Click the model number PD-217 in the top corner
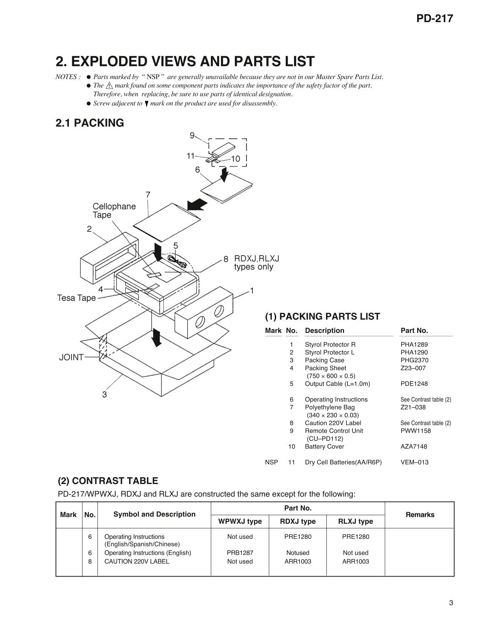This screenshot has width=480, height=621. point(434,18)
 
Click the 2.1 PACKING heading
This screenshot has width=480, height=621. point(90,123)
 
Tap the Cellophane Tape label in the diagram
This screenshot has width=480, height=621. point(114,211)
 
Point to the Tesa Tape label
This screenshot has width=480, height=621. point(76,298)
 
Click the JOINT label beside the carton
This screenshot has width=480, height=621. point(71,357)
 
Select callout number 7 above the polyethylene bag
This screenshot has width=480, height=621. point(148,195)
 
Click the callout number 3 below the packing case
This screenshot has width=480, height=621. point(104,394)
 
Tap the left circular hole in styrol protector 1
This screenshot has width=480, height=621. point(200,322)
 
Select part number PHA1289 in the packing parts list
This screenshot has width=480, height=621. point(414,344)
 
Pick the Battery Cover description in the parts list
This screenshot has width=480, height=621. point(324,446)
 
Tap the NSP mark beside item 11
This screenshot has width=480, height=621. point(271,462)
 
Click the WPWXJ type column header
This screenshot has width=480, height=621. point(240,521)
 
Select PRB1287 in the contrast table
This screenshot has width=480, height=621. point(240,553)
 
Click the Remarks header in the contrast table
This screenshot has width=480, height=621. point(420,514)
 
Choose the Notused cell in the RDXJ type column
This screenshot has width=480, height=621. point(297,553)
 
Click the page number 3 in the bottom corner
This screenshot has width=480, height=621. point(451,603)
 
